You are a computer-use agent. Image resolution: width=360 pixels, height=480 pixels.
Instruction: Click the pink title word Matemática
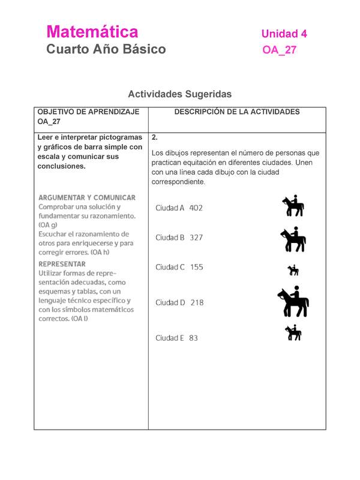tap(92, 32)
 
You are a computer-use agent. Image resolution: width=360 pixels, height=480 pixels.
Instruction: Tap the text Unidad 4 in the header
tap(284, 34)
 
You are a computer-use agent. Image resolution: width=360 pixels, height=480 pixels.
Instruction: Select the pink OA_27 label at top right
tap(279, 50)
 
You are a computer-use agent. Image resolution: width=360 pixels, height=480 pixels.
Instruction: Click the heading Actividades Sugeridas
tap(179, 94)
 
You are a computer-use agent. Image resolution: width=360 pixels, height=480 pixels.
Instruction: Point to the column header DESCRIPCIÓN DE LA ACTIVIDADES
tap(236, 112)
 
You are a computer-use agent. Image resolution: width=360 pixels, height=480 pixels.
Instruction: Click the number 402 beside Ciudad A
tap(196, 208)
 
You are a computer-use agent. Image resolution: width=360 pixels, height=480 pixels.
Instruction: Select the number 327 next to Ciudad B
tap(196, 238)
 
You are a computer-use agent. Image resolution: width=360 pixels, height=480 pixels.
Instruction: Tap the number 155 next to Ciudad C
tap(197, 268)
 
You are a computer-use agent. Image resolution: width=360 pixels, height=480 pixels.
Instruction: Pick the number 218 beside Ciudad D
tap(197, 303)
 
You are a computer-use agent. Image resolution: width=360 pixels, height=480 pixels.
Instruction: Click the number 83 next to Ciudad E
tap(193, 338)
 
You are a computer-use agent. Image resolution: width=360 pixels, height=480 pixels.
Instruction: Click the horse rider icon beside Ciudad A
tap(293, 206)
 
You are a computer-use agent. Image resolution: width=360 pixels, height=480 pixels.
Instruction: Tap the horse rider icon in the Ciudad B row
tap(293, 239)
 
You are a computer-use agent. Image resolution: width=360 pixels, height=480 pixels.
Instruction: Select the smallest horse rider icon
tap(293, 270)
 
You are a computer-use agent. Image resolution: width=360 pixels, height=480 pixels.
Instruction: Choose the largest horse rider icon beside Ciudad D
tap(293, 302)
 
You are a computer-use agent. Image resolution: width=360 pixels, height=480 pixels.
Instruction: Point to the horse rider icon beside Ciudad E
tap(293, 332)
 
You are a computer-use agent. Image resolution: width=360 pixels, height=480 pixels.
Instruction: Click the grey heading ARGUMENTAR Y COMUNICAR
tap(87, 197)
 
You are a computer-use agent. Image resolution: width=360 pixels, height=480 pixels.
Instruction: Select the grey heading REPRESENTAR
tap(62, 263)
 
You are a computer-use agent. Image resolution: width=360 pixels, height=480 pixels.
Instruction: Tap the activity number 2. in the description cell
tap(155, 137)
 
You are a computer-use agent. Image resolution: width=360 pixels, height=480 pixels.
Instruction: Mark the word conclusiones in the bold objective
tap(62, 166)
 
